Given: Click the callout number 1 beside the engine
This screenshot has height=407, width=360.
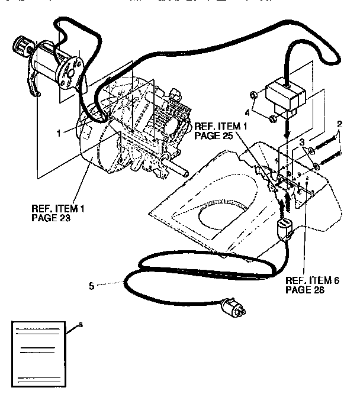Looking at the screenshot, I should [59, 133].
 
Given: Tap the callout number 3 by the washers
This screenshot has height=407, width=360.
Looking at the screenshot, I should [302, 143].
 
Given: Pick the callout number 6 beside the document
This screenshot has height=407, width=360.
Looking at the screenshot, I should [81, 325].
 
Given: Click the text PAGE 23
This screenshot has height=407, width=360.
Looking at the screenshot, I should [49, 217].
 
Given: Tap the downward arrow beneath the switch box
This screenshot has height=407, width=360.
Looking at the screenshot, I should [287, 131].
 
